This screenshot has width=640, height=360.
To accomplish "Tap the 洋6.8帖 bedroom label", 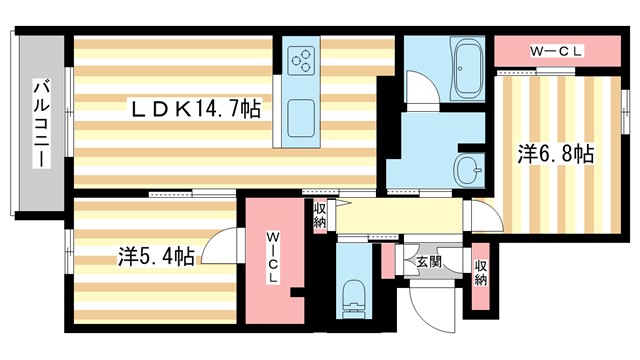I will [556, 154].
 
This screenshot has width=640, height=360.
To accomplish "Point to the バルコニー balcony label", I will [42, 125].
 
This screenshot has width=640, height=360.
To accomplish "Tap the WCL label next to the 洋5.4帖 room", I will [273, 257].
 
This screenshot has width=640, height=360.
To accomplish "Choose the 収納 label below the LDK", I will [319, 215].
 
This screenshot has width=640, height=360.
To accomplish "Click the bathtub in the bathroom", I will [467, 67].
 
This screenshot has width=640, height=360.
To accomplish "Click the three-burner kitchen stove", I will [302, 61].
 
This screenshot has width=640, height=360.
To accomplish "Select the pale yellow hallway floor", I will [400, 216].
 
